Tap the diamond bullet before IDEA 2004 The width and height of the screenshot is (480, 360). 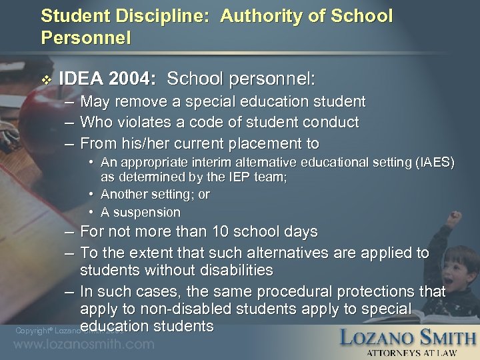tap(44, 79)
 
